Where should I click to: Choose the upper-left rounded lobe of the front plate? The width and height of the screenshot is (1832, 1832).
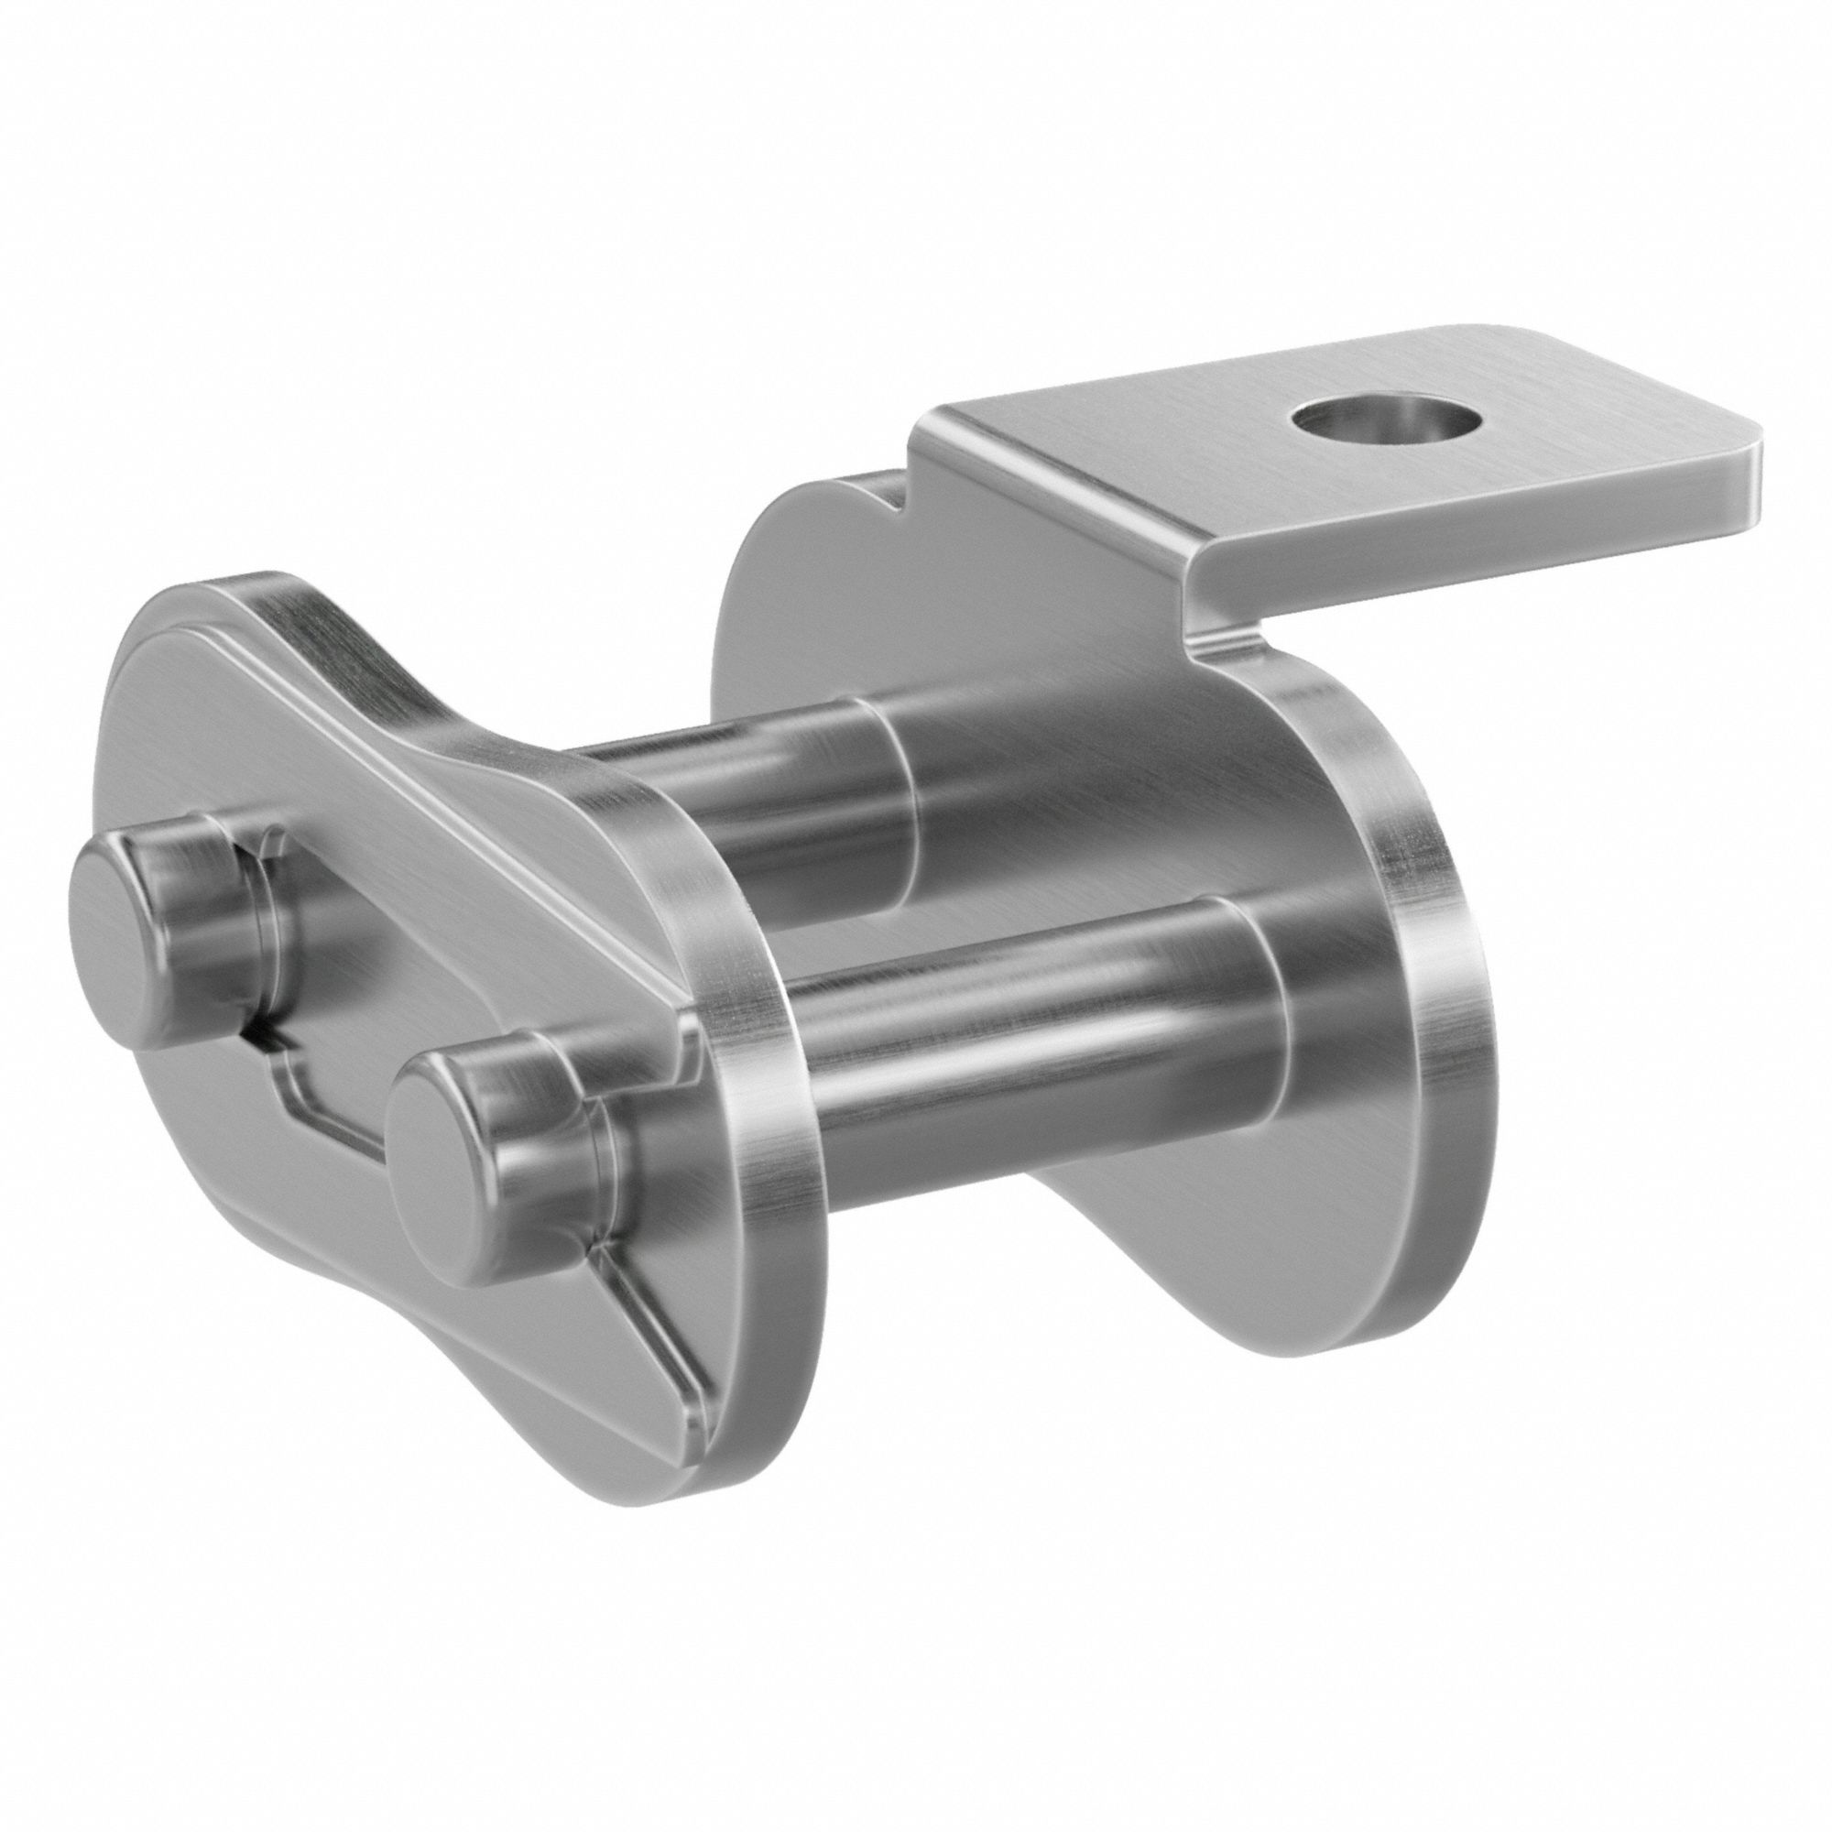[x=190, y=664]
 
